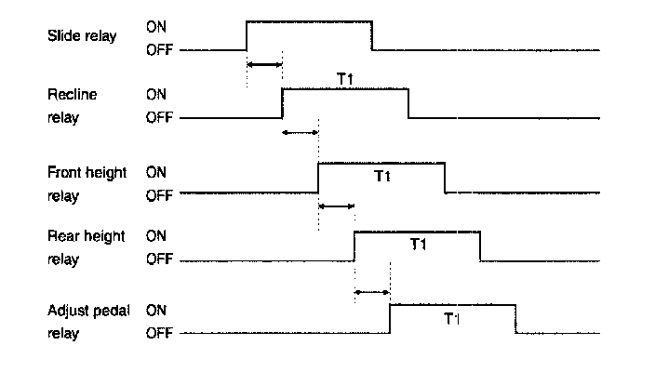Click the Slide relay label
click(82, 36)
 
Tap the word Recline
click(73, 94)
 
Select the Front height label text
click(87, 173)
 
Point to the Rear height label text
click(86, 236)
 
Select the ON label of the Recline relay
click(156, 94)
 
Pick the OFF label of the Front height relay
click(159, 196)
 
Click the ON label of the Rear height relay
click(156, 236)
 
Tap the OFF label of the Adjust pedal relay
click(159, 332)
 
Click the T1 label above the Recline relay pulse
click(344, 79)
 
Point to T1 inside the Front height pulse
click(381, 177)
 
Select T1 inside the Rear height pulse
click(418, 245)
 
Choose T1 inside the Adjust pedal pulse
click(452, 318)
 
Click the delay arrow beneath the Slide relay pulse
click(264, 64)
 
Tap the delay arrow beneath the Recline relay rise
click(300, 133)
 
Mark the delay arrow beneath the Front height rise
click(336, 206)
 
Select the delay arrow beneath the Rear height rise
click(372, 292)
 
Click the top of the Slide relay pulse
click(309, 20)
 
